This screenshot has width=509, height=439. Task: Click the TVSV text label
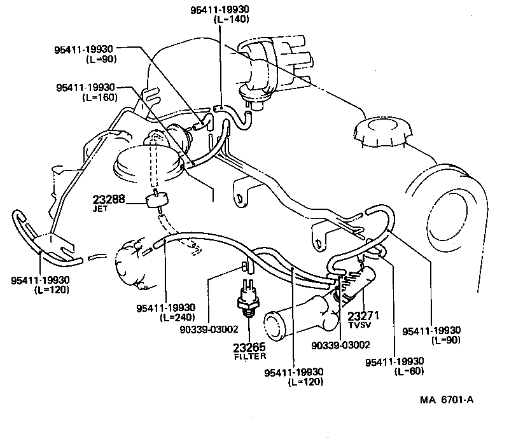tap(359, 324)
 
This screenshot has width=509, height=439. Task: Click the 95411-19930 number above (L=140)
tap(220, 9)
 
